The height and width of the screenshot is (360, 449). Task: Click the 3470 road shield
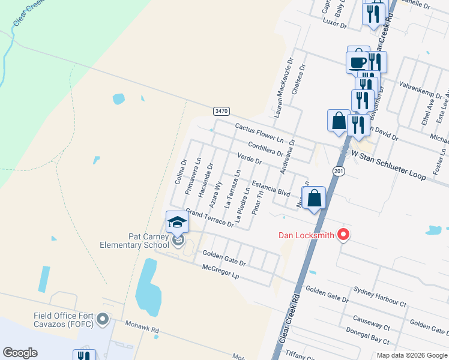click(221, 111)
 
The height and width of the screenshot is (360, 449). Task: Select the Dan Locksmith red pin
click(343, 235)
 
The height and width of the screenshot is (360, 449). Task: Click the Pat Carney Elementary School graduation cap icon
click(177, 223)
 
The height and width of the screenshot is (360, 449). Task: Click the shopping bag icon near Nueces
click(314, 197)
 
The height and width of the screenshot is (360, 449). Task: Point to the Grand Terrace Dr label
click(209, 218)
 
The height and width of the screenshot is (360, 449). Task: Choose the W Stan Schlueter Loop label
click(389, 166)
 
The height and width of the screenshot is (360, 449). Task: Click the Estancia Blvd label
click(271, 188)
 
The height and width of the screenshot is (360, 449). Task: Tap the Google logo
click(20, 352)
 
